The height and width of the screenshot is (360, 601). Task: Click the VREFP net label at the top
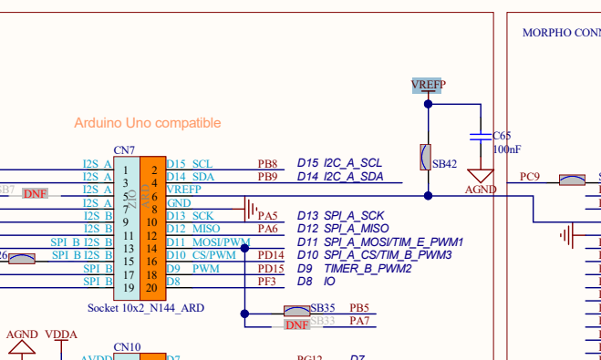pyautogui.click(x=429, y=85)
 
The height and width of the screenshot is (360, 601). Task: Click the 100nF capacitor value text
pyautogui.click(x=507, y=149)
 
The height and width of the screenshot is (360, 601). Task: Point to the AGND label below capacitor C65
pyautogui.click(x=481, y=190)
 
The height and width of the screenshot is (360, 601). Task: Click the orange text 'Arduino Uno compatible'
pyautogui.click(x=148, y=123)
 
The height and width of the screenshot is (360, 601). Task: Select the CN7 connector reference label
pyautogui.click(x=124, y=150)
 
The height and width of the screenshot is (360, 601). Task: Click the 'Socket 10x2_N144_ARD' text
pyautogui.click(x=146, y=308)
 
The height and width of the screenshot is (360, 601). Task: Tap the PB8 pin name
pyautogui.click(x=267, y=163)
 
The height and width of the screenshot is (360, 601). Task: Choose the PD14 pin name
pyautogui.click(x=271, y=255)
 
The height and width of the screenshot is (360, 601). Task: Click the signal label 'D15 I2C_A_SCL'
pyautogui.click(x=339, y=163)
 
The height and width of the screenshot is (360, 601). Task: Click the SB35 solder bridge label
pyautogui.click(x=323, y=308)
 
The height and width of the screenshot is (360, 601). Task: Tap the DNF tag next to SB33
pyautogui.click(x=297, y=324)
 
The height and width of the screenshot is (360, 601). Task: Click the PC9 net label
pyautogui.click(x=530, y=177)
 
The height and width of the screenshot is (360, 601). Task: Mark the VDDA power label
pyautogui.click(x=61, y=334)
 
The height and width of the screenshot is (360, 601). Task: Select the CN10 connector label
pyautogui.click(x=127, y=347)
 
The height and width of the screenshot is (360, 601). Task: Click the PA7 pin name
pyautogui.click(x=359, y=321)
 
